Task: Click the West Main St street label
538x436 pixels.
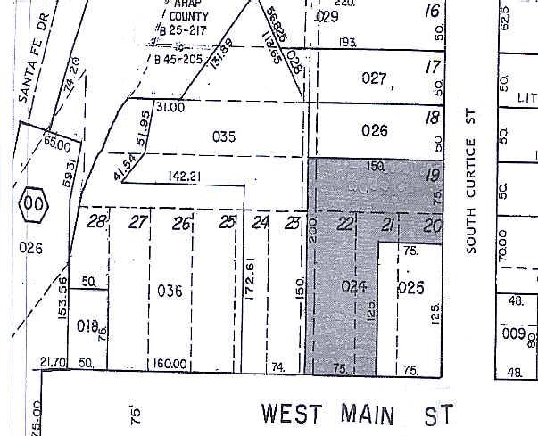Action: coord(357,414)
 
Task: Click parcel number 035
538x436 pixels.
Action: coord(224,136)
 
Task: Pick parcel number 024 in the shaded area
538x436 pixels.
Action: coord(355,287)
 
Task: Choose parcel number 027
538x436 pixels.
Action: coord(375,79)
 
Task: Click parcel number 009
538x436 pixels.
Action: coord(512,334)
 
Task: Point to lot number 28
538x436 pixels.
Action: coord(97,222)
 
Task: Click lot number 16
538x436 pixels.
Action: coord(435,12)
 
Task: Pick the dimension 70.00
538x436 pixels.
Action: coord(502,243)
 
